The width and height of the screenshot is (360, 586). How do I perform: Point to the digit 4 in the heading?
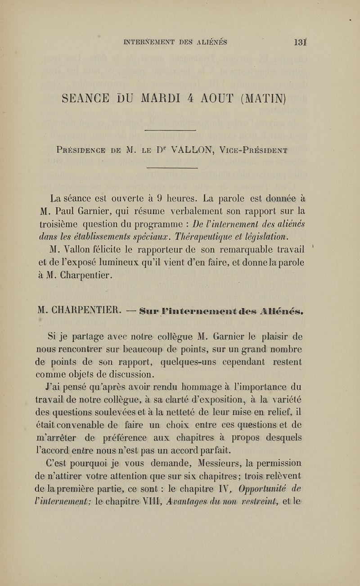(207, 96)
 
